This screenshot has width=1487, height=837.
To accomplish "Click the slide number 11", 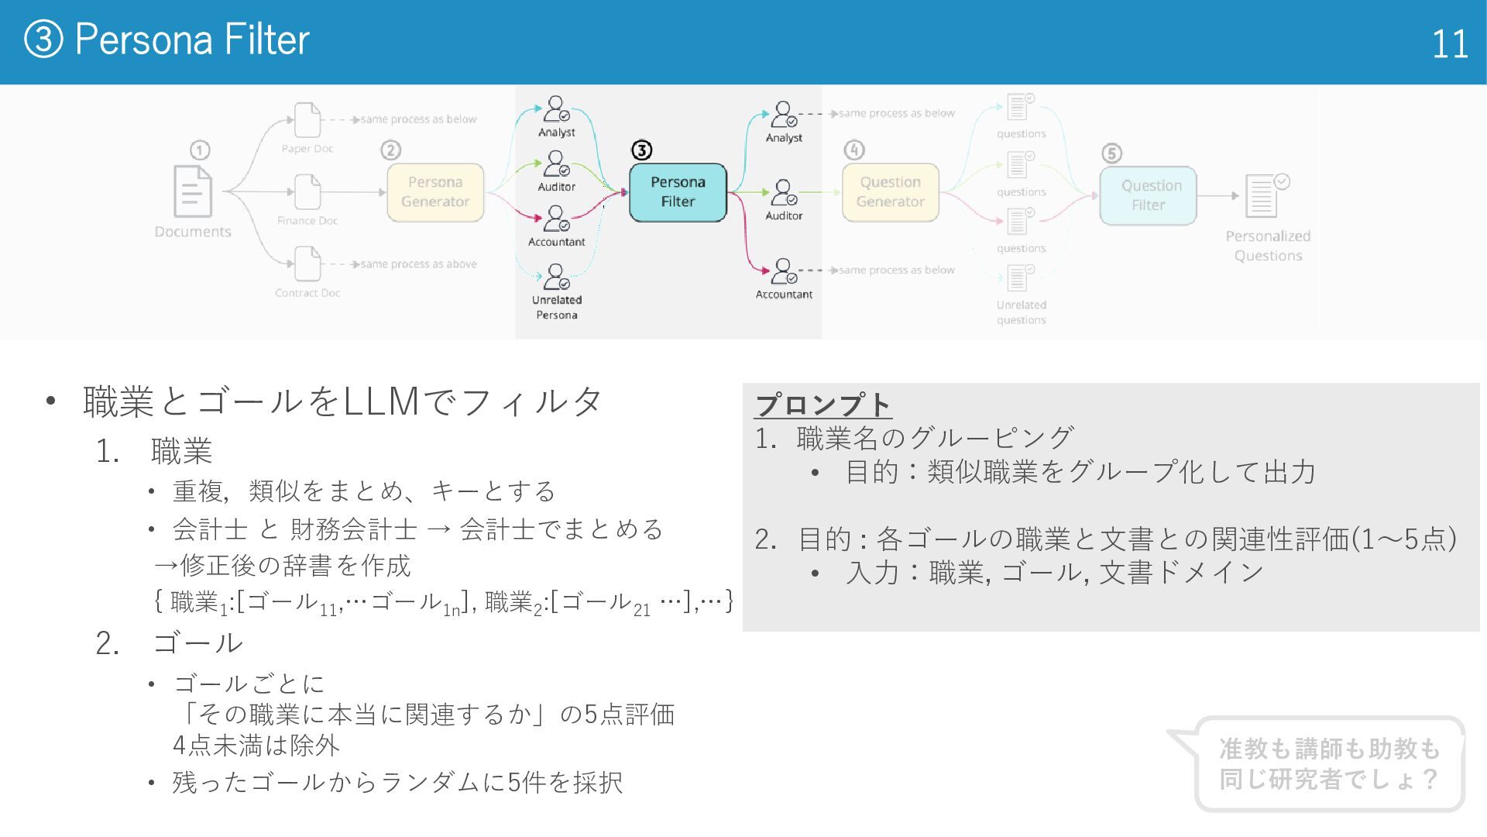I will coord(1449,44).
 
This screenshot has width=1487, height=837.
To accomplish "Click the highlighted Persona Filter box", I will coord(678,192).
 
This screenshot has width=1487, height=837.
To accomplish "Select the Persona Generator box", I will coord(435,192).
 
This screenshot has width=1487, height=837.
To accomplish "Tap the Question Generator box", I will coord(890,192).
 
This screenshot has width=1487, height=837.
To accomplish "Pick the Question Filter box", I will coord(1149,195).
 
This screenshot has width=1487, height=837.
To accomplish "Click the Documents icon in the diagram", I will coord(192,191).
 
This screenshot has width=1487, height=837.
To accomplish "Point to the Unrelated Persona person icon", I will coord(556,277).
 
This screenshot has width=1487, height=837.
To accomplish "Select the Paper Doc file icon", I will coord(307,120).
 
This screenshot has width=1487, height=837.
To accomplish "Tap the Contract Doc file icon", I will coord(307,263).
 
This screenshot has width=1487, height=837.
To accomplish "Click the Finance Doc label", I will coord(307,221).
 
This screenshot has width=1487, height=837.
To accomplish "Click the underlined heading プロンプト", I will coord(822,405).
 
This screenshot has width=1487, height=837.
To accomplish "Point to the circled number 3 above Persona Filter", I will coord(641,150).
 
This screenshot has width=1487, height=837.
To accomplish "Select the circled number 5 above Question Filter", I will coord(1111,153).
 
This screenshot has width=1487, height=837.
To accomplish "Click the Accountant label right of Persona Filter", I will coord(784,294).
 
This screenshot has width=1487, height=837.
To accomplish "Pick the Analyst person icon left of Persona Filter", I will coord(556,108).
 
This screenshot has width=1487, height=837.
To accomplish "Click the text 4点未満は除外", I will coord(256,746).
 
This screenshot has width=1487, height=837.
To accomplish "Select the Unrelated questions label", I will coord(1022,312).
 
